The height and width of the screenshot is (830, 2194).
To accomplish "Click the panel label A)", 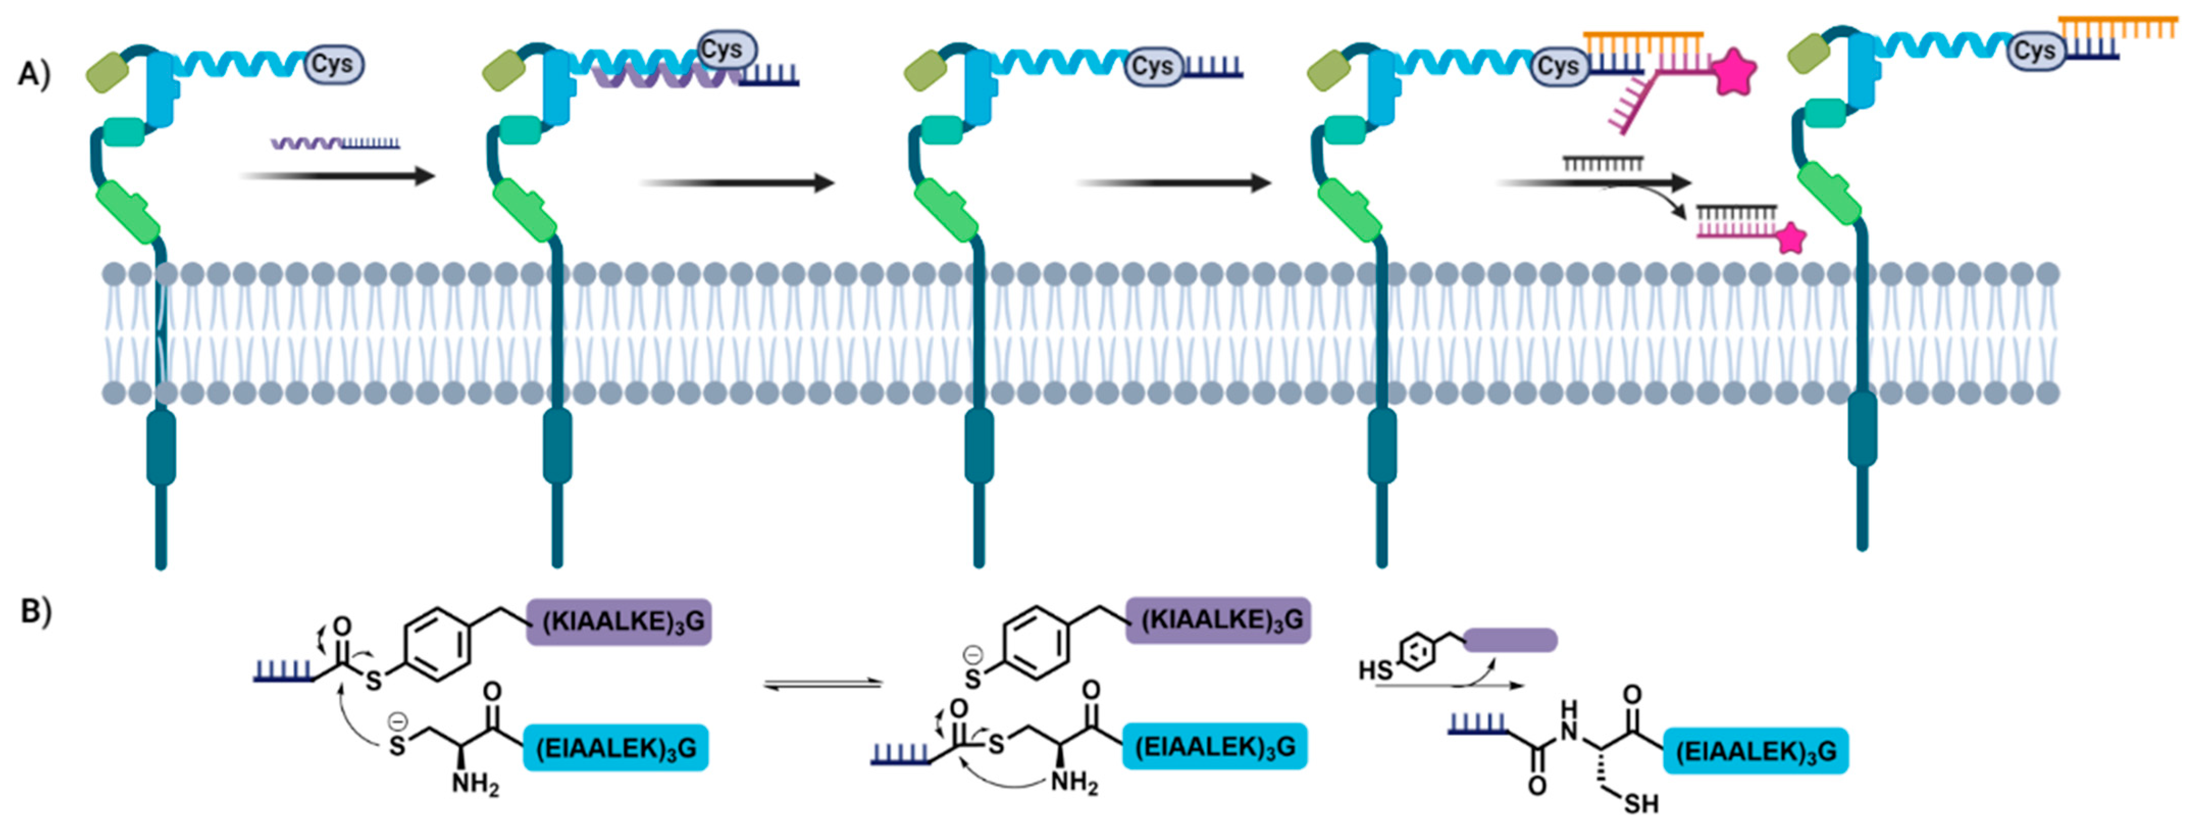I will (x=34, y=75).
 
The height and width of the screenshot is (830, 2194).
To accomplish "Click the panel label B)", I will (x=36, y=611).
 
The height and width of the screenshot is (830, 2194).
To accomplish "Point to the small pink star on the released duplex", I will (x=1791, y=239).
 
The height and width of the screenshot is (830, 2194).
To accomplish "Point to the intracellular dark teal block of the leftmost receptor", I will (x=161, y=447).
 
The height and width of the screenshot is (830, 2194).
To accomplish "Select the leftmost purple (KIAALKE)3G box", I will (x=619, y=621).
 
